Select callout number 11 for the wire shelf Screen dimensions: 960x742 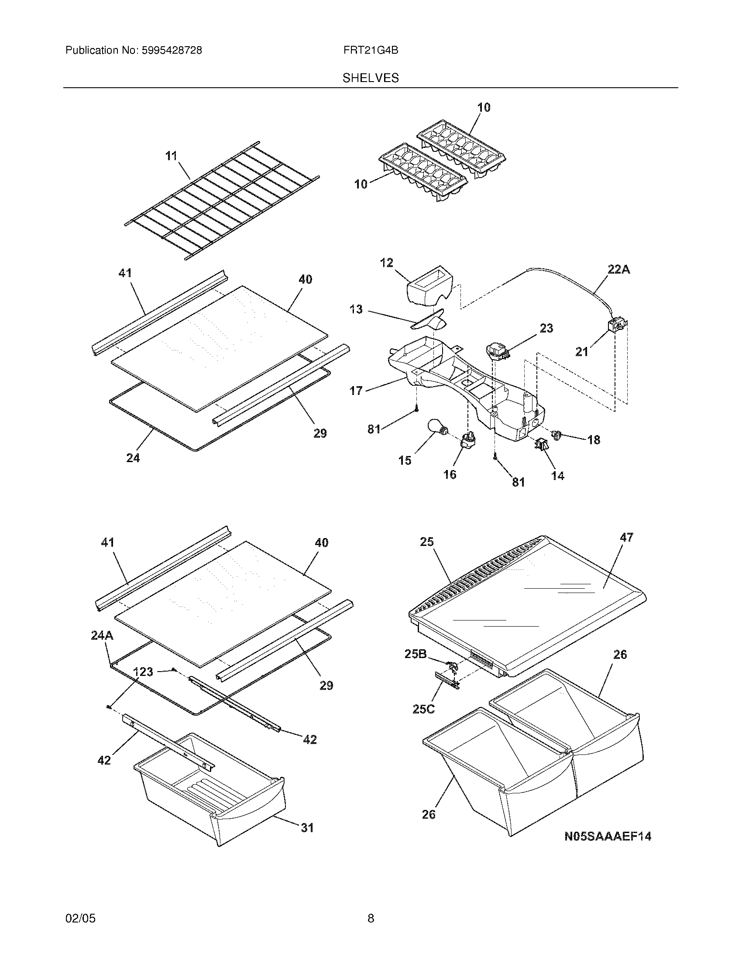(x=171, y=156)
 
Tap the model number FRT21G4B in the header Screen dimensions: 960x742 (x=371, y=51)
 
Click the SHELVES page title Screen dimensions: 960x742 (x=371, y=78)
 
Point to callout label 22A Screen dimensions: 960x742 (x=618, y=269)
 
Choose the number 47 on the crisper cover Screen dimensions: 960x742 (x=626, y=537)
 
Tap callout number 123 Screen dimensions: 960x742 (x=143, y=672)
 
